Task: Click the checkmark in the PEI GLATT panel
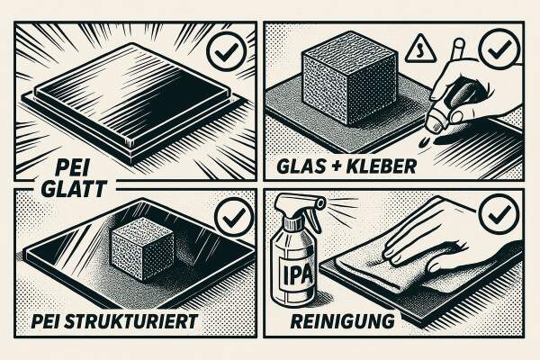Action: click(x=226, y=51)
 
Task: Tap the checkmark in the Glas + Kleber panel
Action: click(x=499, y=49)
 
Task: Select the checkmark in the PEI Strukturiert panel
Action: click(x=234, y=216)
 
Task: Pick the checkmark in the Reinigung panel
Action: click(x=499, y=213)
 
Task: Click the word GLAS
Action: click(x=301, y=166)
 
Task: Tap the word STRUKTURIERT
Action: click(x=131, y=321)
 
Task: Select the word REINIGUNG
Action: click(x=343, y=321)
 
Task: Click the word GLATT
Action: click(x=74, y=189)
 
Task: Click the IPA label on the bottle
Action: click(x=297, y=276)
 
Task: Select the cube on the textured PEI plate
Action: click(x=142, y=248)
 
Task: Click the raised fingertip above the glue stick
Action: click(x=459, y=44)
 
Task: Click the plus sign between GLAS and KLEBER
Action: click(x=336, y=166)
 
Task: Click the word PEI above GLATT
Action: click(x=72, y=169)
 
